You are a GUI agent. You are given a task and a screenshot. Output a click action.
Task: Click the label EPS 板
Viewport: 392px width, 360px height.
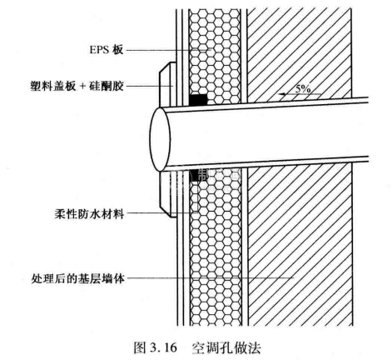pyautogui.click(x=106, y=50)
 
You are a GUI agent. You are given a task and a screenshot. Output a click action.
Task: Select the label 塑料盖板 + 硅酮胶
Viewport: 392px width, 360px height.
pyautogui.click(x=77, y=87)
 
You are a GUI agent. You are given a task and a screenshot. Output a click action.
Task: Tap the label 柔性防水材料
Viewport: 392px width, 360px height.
pyautogui.click(x=89, y=214)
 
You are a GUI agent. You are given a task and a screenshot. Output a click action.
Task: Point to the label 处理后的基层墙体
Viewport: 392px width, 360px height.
pyautogui.click(x=77, y=278)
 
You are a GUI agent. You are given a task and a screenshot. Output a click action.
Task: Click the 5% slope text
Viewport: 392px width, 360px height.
pyautogui.click(x=303, y=89)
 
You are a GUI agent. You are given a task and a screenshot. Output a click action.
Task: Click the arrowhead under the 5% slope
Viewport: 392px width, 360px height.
pyautogui.click(x=283, y=94)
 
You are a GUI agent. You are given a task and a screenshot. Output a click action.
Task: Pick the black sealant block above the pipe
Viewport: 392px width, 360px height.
pyautogui.click(x=198, y=100)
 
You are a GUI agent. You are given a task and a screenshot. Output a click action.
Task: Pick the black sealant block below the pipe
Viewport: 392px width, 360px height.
pyautogui.click(x=195, y=175)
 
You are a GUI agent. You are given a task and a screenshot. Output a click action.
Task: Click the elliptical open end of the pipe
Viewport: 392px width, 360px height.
pyautogui.click(x=160, y=139)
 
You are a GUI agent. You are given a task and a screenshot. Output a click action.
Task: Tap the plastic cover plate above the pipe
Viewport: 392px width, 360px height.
pyautogui.click(x=167, y=85)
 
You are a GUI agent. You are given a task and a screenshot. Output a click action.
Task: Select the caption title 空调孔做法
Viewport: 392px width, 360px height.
pyautogui.click(x=226, y=347)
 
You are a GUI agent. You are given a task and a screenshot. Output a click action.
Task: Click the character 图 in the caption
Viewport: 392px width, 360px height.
pyautogui.click(x=140, y=347)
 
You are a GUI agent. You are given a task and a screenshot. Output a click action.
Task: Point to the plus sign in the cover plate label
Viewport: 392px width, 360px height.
pyautogui.click(x=82, y=87)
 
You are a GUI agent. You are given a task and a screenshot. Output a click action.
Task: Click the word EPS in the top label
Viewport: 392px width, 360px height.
pyautogui.click(x=100, y=50)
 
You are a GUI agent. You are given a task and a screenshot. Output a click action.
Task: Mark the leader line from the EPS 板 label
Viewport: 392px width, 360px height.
pyautogui.click(x=168, y=50)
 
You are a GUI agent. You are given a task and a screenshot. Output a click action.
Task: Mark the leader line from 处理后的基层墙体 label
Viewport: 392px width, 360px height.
pyautogui.click(x=210, y=277)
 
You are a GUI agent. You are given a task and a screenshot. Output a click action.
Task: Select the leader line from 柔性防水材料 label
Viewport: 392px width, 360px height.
pyautogui.click(x=162, y=213)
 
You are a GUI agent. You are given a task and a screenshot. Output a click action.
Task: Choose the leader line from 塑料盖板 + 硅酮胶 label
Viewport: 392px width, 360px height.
pyautogui.click(x=150, y=87)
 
